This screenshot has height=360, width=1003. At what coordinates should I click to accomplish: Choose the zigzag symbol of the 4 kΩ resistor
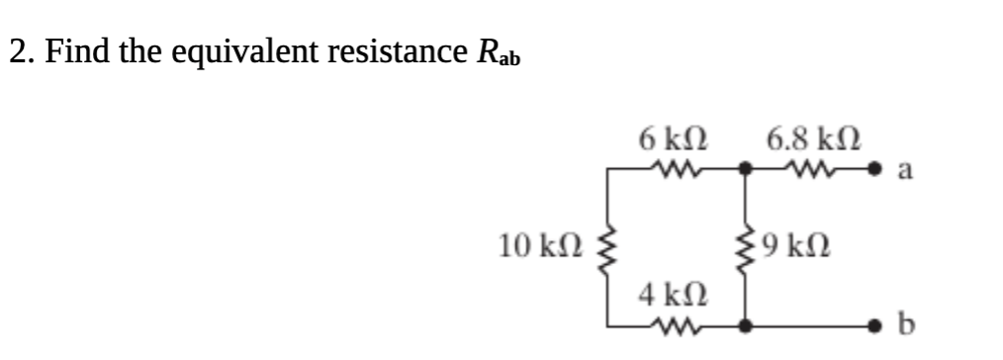point(675,322)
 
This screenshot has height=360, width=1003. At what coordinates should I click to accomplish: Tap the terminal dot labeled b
point(876,323)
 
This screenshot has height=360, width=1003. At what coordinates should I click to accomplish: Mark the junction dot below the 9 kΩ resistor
point(744,323)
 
